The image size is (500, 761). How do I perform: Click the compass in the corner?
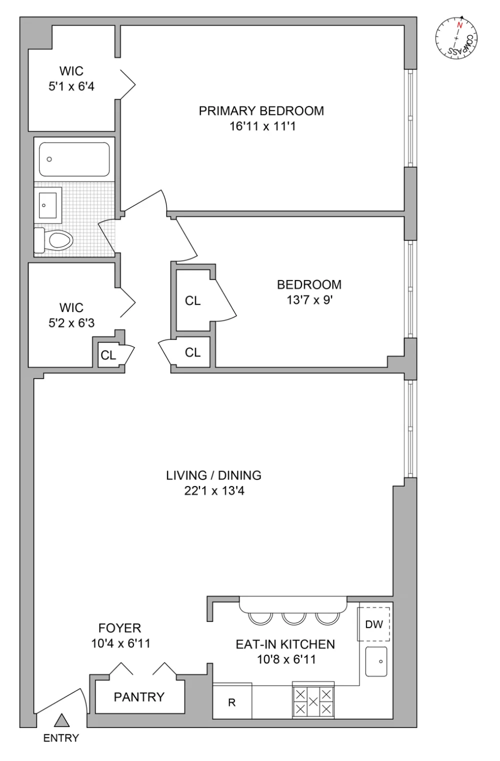pos(456,37)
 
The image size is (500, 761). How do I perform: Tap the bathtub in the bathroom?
pos(74,159)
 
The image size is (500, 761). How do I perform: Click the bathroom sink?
pos(47,205)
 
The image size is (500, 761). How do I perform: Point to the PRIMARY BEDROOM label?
pos(261,111)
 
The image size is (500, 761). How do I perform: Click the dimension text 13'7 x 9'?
pos(309,300)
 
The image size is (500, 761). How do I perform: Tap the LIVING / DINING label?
pos(213,475)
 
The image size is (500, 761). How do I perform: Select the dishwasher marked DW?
pos(373,624)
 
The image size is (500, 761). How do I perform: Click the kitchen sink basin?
pos(376,661)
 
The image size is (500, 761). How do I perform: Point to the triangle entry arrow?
pos(62,720)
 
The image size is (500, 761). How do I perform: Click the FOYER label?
pos(119,628)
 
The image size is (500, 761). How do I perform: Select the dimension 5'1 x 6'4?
pos(71,86)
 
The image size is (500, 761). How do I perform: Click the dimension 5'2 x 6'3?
pos(71,322)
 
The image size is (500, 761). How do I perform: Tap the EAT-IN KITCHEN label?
pos(285,644)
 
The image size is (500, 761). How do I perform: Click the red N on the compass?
pos(459,25)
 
